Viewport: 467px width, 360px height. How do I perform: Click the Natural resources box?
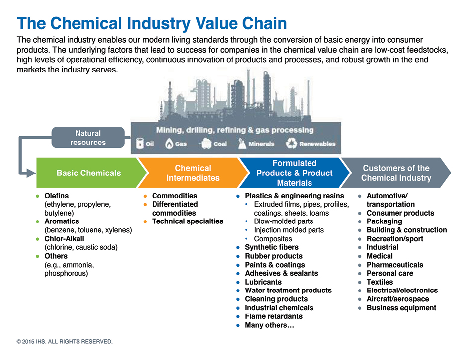point(88,138)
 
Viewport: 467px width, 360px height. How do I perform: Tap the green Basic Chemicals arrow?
point(89,173)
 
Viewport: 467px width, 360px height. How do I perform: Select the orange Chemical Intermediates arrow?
point(193,173)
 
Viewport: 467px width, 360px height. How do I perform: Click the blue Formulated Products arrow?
point(295,173)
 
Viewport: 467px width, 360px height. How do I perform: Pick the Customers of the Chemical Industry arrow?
point(396,173)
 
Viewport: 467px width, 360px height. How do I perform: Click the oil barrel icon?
point(140,144)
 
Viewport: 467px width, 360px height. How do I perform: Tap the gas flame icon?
point(169,144)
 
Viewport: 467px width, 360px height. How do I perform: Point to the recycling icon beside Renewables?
point(291,144)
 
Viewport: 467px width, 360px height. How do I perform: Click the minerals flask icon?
point(242,144)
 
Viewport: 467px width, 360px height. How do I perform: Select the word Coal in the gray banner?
point(220,144)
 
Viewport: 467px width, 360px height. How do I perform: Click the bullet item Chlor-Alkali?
point(64,239)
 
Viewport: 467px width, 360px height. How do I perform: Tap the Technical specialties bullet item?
point(187,221)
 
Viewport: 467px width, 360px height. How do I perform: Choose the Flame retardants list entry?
point(274,316)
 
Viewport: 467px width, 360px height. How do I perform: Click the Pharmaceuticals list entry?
point(394,265)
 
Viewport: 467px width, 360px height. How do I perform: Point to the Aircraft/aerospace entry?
point(397,299)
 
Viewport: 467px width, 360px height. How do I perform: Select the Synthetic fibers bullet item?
point(272,247)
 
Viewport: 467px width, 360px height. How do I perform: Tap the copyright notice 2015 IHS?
point(65,341)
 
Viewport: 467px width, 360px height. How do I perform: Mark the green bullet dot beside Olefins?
point(38,196)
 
